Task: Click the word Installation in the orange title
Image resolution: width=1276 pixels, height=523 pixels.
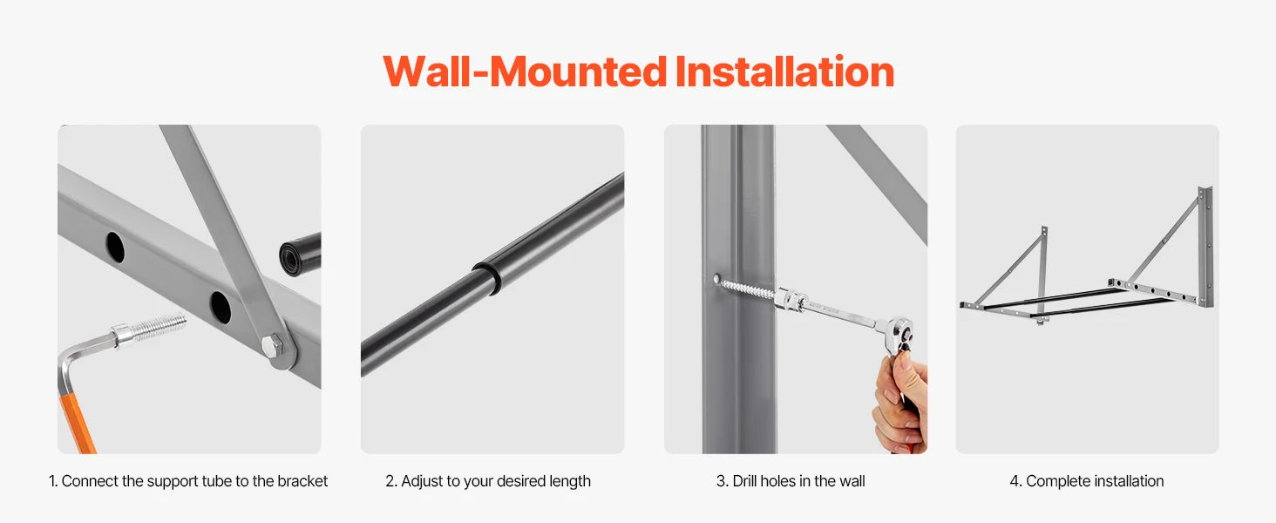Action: (784, 71)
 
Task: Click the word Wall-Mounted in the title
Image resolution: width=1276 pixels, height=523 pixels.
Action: (525, 71)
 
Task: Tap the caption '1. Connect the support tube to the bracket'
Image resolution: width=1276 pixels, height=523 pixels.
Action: (188, 481)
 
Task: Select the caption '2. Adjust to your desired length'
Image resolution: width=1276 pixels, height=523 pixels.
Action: (488, 481)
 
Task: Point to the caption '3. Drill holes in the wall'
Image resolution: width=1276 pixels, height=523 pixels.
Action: (791, 481)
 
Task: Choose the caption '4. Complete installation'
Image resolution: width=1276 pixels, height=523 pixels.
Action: (1087, 481)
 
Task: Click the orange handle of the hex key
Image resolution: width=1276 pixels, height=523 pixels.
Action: (77, 422)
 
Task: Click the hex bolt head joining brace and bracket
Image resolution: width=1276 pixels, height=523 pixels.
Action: (273, 345)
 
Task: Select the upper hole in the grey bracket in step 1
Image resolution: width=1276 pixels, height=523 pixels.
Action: (115, 247)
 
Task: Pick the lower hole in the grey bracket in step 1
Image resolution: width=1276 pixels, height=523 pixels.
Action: (221, 307)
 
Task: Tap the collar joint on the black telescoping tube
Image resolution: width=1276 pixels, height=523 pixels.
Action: (487, 277)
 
